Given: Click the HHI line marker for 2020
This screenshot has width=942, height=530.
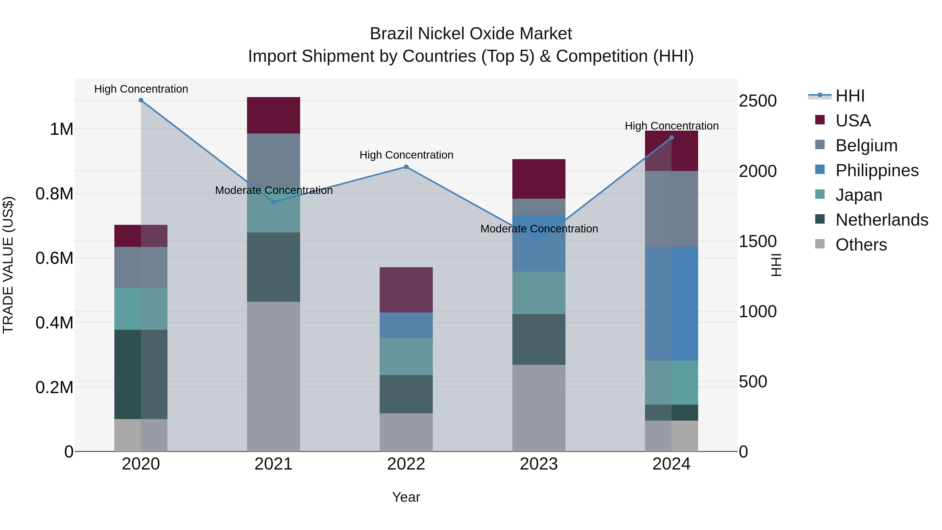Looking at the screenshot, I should (x=141, y=100).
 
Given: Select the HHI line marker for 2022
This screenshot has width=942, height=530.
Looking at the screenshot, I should (x=406, y=167).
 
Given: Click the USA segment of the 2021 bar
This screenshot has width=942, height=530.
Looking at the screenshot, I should (x=273, y=115).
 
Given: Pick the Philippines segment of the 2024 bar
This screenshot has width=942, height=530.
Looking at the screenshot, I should (x=671, y=304).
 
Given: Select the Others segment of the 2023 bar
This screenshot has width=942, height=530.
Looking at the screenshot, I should (x=539, y=408).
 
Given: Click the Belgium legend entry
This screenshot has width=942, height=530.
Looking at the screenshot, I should (x=866, y=145).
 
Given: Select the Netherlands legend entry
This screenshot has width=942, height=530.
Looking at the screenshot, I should (x=881, y=220).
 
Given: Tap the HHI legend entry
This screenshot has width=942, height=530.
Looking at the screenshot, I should (x=849, y=96).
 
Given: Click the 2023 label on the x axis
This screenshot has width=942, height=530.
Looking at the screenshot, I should (x=539, y=464).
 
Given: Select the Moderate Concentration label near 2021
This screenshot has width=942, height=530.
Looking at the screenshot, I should (x=273, y=190).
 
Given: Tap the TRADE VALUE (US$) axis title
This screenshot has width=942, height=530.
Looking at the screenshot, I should (x=8, y=265).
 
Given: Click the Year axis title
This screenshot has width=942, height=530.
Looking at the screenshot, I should (x=406, y=497).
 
